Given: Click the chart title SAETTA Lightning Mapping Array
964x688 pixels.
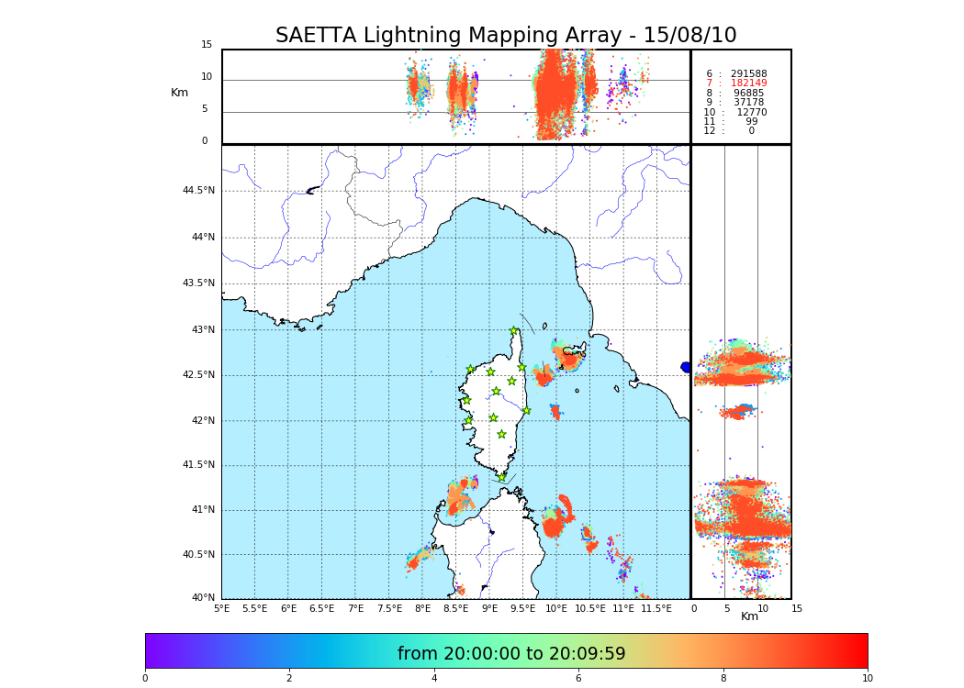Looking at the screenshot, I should pyautogui.click(x=506, y=36).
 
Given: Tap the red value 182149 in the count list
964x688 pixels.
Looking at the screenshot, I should pyautogui.click(x=748, y=83).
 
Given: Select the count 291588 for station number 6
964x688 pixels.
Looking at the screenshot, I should pyautogui.click(x=748, y=73).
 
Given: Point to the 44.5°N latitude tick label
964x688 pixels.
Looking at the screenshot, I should pyautogui.click(x=198, y=191).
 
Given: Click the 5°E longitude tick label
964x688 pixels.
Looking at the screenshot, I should pyautogui.click(x=222, y=608).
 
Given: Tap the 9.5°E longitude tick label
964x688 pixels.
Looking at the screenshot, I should pyautogui.click(x=523, y=608).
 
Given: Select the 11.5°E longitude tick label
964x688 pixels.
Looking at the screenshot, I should pyautogui.click(x=656, y=608).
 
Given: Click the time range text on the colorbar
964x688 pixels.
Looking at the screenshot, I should pyautogui.click(x=510, y=654).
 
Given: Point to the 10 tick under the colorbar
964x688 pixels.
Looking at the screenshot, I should pyautogui.click(x=867, y=679).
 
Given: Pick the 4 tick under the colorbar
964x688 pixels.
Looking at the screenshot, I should pyautogui.click(x=434, y=679).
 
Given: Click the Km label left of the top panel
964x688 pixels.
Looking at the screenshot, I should pyautogui.click(x=179, y=93).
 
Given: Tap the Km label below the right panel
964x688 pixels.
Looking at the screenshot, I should pyautogui.click(x=749, y=616).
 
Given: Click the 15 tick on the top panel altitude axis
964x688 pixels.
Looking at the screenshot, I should pyautogui.click(x=207, y=45).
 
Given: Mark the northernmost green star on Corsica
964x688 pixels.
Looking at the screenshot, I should pyautogui.click(x=514, y=331).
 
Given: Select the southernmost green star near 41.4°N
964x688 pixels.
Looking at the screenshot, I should pyautogui.click(x=501, y=477).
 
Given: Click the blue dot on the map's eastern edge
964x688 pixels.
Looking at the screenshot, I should pyautogui.click(x=685, y=367).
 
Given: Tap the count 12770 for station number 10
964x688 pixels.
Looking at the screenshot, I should pyautogui.click(x=751, y=112).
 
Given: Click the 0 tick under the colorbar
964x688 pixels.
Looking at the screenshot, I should pyautogui.click(x=145, y=679).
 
